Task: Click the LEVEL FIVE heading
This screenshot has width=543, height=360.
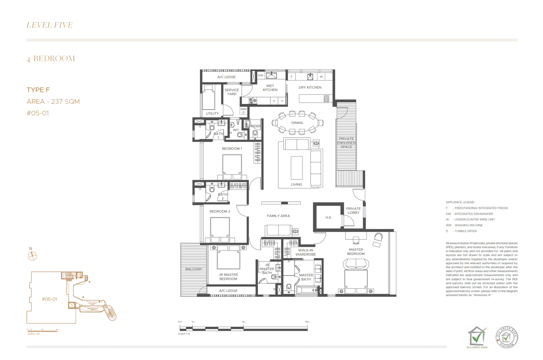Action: coord(50,25)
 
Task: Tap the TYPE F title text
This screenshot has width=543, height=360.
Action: coord(38,90)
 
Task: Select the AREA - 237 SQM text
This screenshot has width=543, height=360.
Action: coord(53,102)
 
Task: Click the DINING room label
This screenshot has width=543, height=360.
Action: coord(297,123)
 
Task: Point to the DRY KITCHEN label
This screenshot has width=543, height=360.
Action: coord(310,88)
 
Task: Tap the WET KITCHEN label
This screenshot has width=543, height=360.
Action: coord(270,88)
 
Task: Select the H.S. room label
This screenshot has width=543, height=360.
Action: coord(329,218)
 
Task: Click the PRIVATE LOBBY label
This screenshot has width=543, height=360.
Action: coord(353,211)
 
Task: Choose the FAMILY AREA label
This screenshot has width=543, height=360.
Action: coord(278,216)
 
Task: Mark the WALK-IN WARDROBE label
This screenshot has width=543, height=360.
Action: coord(305,252)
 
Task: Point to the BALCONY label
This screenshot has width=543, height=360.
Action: coord(194,269)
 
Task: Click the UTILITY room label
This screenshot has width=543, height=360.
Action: coord(212,114)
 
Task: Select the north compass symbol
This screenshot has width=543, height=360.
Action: coord(32,256)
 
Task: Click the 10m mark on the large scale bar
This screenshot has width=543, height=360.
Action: coord(307,322)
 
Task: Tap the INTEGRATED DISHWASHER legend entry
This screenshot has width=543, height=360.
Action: coord(473,214)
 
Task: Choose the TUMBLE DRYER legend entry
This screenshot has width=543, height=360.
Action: coord(466,231)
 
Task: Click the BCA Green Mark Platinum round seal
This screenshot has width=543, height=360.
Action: coord(507,337)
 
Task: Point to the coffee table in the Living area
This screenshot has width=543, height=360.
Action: coord(297,168)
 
